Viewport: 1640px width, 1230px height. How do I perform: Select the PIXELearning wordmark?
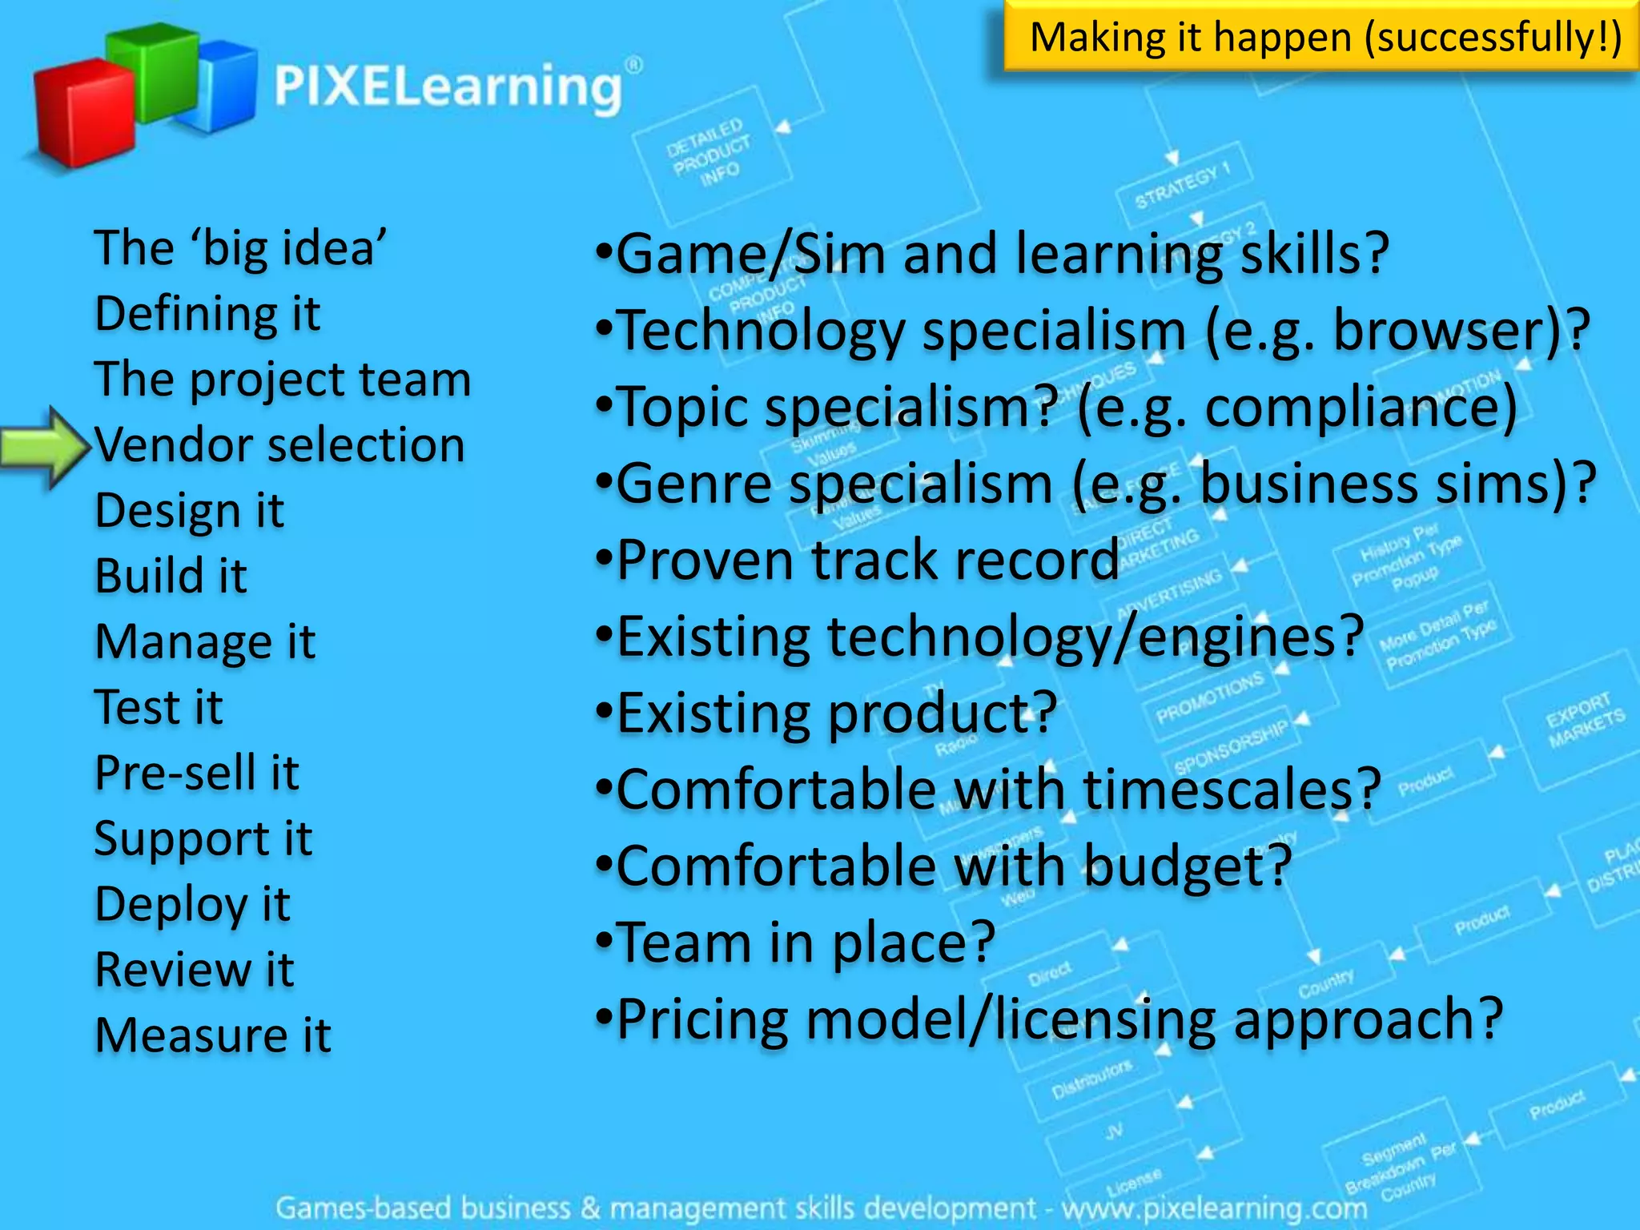click(x=448, y=86)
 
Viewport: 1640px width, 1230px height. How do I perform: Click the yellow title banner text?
click(x=1324, y=38)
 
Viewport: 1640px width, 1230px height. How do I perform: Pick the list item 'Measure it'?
click(x=212, y=1035)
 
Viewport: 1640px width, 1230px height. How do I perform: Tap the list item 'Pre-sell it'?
click(x=196, y=773)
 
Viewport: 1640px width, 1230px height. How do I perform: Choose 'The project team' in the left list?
click(x=282, y=379)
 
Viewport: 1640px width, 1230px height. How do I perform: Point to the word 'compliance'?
click(x=1361, y=407)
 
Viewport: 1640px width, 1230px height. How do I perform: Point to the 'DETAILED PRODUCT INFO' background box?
click(x=709, y=152)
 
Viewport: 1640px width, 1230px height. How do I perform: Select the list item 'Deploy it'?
click(x=192, y=904)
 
